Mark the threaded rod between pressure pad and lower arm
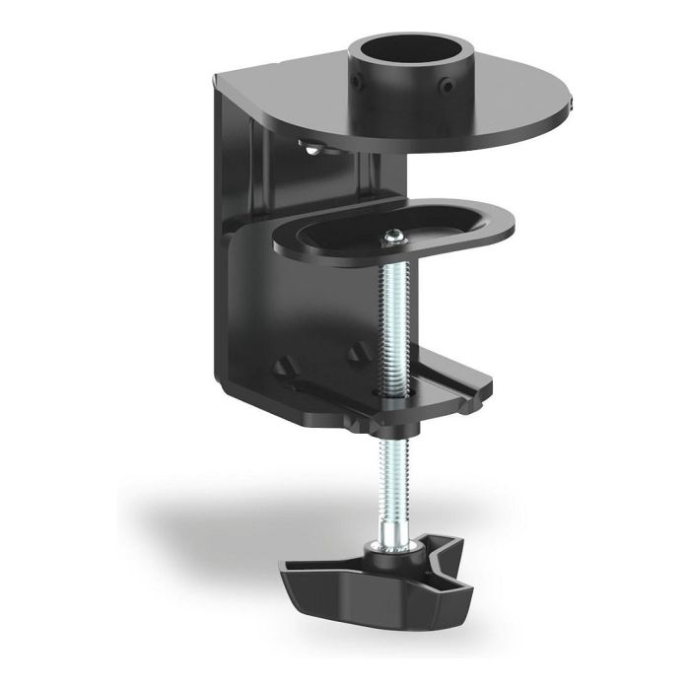point(395,315)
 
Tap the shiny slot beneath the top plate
point(312,149)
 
